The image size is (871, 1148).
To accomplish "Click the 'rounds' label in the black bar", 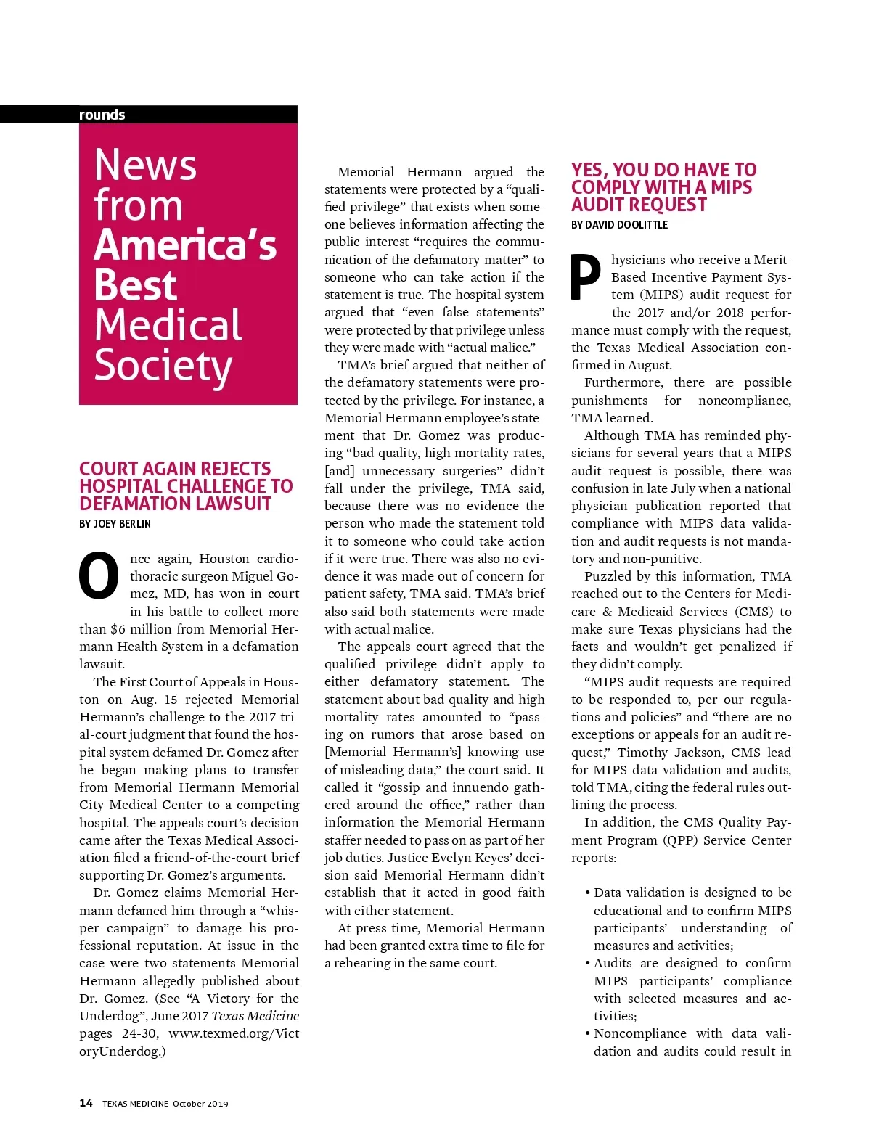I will coord(102,115).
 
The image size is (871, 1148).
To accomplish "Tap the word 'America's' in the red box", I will coord(185,245).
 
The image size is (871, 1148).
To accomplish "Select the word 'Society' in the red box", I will coord(163,366).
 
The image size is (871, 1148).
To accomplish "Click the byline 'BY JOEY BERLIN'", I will coord(115,524).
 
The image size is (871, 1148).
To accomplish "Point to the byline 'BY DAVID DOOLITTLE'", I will coord(619,225).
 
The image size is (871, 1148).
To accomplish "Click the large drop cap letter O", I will coord(99,576).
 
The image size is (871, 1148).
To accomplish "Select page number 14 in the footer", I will coord(86,1103).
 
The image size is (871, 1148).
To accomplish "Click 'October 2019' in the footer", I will coord(200,1104).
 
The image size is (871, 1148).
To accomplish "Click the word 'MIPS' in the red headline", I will coord(731,187).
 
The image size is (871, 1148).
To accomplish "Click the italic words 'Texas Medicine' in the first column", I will coord(255,1016).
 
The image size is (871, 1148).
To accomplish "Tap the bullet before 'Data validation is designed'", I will coord(587,893).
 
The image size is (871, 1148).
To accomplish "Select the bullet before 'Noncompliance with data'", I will coord(587,1033).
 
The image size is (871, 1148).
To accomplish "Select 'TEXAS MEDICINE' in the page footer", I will coord(135,1104).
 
